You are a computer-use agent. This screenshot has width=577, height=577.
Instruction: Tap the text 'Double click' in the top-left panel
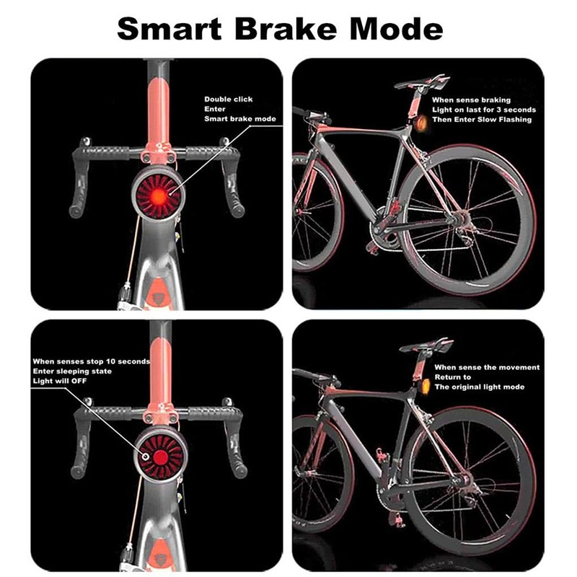(229, 100)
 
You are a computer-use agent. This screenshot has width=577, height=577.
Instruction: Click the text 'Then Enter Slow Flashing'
(481, 120)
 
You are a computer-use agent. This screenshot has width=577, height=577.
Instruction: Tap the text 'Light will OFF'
(60, 380)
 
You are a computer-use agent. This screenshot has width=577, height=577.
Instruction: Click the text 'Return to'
(453, 377)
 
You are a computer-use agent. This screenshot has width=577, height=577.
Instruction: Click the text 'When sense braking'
(472, 100)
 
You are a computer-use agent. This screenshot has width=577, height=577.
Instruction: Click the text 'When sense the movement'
(487, 367)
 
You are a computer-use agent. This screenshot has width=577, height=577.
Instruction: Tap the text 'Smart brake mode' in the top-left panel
(240, 118)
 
